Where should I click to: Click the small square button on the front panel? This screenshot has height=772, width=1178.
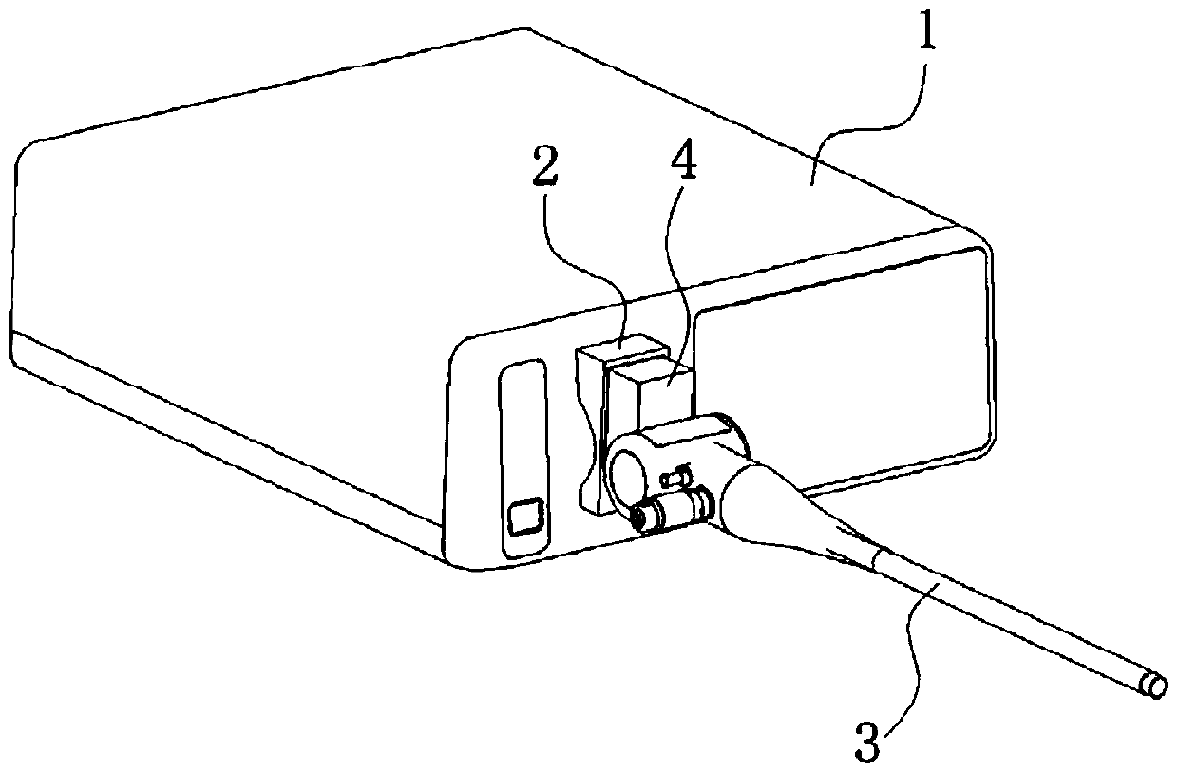524,518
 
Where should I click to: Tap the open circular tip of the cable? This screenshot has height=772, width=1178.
1155,687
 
